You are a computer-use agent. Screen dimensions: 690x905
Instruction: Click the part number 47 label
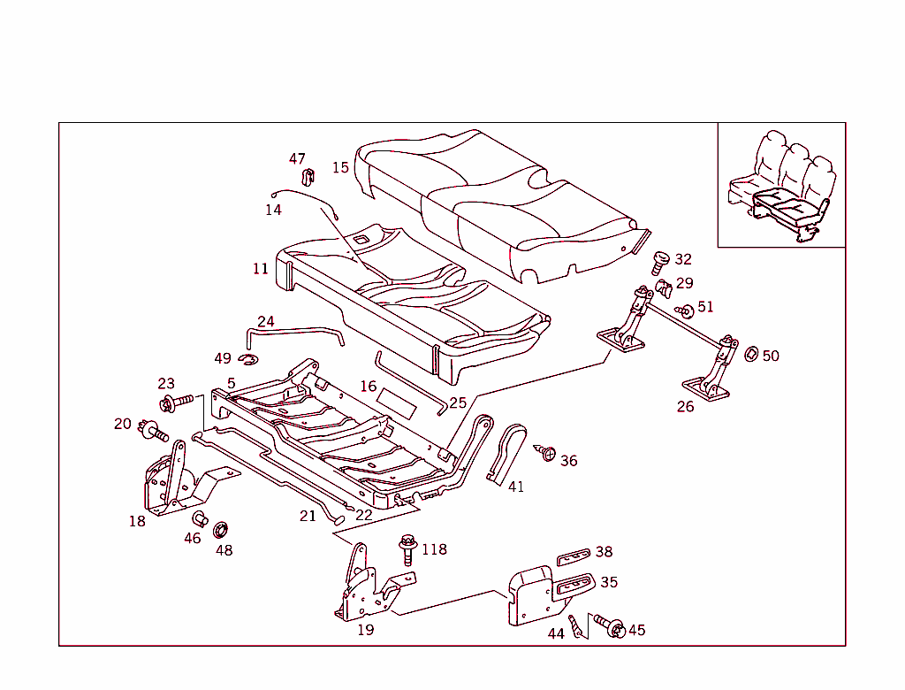coord(297,159)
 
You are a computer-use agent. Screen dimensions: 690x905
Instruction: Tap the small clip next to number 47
coord(309,176)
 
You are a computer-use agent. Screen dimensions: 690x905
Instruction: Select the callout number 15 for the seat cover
coord(340,167)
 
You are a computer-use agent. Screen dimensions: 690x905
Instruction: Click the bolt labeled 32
coord(659,262)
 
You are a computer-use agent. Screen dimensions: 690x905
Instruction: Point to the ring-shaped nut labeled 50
coord(750,354)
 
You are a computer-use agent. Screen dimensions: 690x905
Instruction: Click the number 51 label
coord(704,307)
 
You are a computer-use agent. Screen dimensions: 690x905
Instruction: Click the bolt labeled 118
coord(407,548)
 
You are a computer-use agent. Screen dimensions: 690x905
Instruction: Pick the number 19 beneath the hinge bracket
coord(365,630)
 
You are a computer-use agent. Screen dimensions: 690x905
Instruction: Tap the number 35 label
coord(609,582)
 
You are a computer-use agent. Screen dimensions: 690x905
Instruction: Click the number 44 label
coord(556,633)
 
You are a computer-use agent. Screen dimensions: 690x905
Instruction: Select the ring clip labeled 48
coord(221,531)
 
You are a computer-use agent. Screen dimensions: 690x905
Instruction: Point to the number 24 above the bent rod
coord(266,321)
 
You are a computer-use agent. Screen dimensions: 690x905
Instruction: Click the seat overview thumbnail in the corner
coord(781,186)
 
